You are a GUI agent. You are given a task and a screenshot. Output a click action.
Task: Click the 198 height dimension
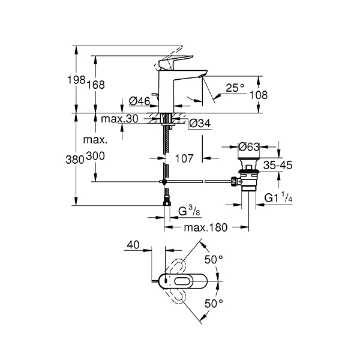(76, 80)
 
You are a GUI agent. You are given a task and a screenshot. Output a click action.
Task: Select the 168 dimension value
(95, 85)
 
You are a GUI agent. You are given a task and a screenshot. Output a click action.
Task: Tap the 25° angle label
(235, 88)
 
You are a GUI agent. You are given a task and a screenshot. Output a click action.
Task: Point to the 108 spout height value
(258, 95)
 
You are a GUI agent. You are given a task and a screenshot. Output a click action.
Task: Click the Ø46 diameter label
(140, 101)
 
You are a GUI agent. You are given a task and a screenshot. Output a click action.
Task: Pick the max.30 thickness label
(119, 119)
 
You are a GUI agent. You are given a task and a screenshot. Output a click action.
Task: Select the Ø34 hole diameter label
(200, 124)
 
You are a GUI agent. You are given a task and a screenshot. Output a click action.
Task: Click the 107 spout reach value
(184, 158)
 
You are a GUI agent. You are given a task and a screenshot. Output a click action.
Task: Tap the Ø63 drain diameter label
(249, 147)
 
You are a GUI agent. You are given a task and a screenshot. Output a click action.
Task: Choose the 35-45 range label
(278, 165)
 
